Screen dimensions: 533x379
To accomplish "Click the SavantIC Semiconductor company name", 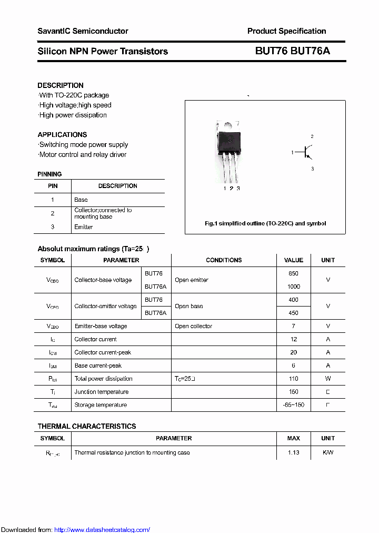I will [x=83, y=31].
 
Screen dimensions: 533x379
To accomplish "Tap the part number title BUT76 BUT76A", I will [x=292, y=51].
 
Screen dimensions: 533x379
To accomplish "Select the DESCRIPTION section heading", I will [x=61, y=85].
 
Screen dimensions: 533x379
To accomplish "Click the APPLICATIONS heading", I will [x=62, y=135].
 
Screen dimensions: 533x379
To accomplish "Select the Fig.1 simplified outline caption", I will [x=265, y=223].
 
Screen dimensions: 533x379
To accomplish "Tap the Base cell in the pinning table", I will [x=81, y=200].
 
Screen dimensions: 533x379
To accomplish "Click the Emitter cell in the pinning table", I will [x=84, y=227].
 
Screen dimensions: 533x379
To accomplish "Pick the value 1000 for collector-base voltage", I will [x=293, y=287].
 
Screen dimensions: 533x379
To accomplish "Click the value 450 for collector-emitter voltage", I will [x=293, y=313].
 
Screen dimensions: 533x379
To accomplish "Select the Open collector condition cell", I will [x=193, y=326].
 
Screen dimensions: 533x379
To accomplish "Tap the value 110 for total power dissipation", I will [x=293, y=379].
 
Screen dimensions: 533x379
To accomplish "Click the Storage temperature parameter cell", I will [x=101, y=405].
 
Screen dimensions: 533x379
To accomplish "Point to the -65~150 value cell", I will [x=293, y=405].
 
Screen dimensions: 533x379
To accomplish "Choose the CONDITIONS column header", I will [x=224, y=260].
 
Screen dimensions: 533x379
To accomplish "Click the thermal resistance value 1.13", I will [x=293, y=452].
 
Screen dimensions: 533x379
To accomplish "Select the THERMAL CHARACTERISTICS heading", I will [x=87, y=426].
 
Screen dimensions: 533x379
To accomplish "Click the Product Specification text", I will [x=286, y=31].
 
